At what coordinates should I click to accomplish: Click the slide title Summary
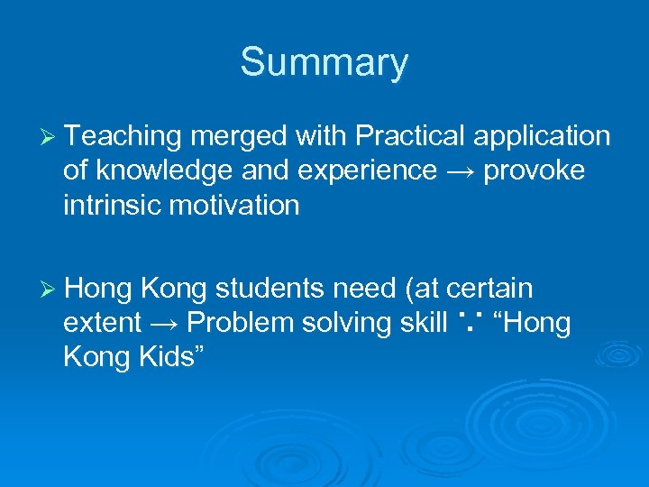[x=324, y=63]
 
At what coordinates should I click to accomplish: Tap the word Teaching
[x=123, y=136]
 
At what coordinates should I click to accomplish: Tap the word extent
[x=102, y=323]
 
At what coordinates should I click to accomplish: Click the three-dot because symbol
[x=472, y=322]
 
